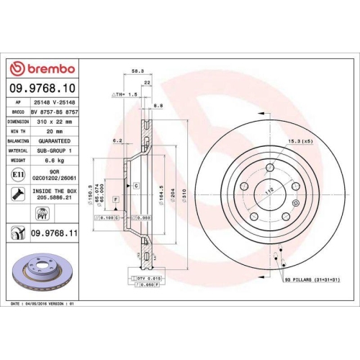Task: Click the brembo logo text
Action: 47,68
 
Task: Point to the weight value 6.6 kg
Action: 55,161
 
